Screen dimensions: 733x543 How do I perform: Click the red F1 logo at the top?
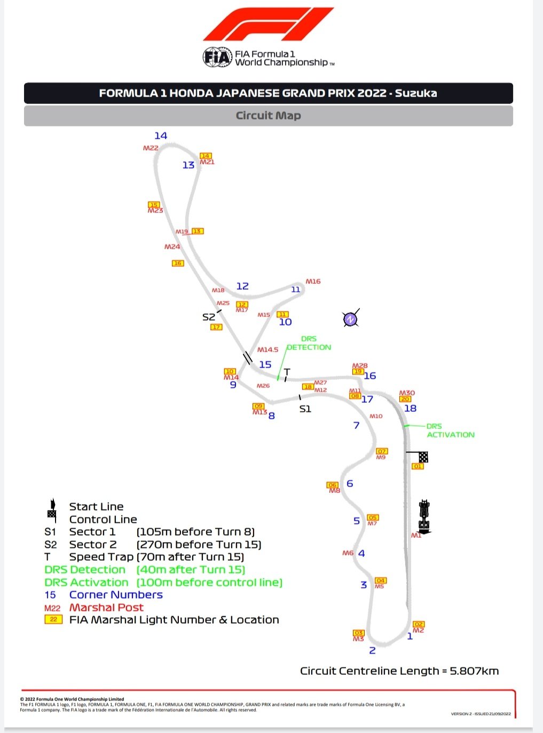pyautogui.click(x=269, y=24)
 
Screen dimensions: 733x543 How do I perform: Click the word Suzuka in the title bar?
pyautogui.click(x=416, y=93)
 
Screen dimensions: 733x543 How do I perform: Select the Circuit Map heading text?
pyautogui.click(x=268, y=116)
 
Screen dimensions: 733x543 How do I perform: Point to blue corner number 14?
pyautogui.click(x=161, y=136)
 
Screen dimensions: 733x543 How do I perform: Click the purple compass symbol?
pyautogui.click(x=350, y=319)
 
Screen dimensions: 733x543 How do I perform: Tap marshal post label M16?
pyautogui.click(x=313, y=281)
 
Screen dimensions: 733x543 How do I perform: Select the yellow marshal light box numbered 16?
pyautogui.click(x=178, y=263)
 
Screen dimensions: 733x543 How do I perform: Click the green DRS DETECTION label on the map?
pyautogui.click(x=309, y=343)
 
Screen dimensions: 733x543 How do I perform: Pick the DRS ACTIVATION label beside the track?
pyautogui.click(x=450, y=431)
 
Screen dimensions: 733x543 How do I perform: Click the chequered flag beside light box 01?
pyautogui.click(x=423, y=457)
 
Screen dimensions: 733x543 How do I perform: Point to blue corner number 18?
pyautogui.click(x=410, y=408)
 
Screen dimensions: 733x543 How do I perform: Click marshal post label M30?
pyautogui.click(x=407, y=393)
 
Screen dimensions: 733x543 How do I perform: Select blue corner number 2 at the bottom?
pyautogui.click(x=372, y=650)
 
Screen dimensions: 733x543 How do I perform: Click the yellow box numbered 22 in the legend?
pyautogui.click(x=53, y=619)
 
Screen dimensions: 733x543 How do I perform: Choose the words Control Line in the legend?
pyautogui.click(x=103, y=519)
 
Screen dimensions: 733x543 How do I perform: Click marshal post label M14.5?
pyautogui.click(x=267, y=350)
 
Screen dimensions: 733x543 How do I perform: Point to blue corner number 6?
pyautogui.click(x=350, y=483)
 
